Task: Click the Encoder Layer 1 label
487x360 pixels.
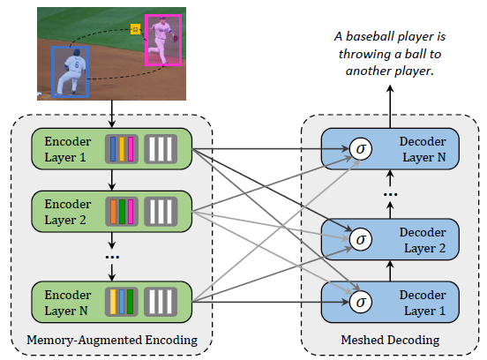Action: pos(68,149)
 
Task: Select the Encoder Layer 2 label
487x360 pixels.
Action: pos(68,212)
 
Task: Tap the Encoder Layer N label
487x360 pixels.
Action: pos(68,303)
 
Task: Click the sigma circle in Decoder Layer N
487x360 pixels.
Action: pos(360,149)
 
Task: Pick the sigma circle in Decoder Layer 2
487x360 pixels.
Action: pos(360,239)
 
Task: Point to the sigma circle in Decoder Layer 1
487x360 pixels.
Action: pos(360,302)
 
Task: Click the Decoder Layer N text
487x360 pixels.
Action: pos(423,149)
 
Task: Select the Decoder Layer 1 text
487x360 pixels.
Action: pos(423,303)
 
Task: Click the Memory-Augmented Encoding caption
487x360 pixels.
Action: pos(112,340)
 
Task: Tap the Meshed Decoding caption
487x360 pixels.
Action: pos(390,340)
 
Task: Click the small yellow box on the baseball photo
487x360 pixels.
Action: pos(135,29)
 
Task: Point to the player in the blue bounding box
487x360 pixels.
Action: pos(71,72)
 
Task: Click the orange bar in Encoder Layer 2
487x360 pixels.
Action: pos(113,212)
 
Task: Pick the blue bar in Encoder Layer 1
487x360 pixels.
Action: pos(113,149)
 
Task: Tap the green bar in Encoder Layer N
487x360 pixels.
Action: pos(131,302)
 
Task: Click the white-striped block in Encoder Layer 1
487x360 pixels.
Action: pos(161,149)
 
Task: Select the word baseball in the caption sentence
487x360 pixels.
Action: pos(370,36)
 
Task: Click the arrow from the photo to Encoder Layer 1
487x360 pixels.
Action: pos(112,114)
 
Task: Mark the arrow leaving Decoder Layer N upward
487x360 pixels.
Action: pos(390,107)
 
